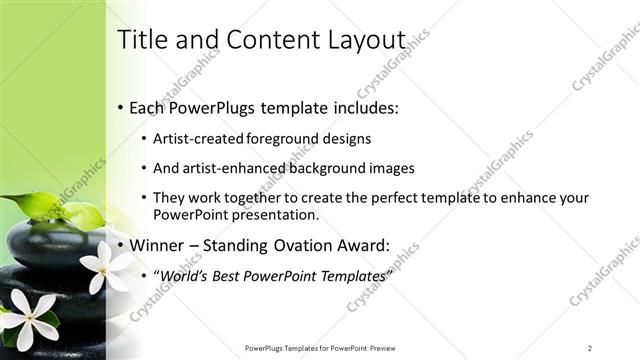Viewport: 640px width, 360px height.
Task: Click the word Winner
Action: (x=159, y=245)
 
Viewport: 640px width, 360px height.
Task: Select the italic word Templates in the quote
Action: (x=350, y=275)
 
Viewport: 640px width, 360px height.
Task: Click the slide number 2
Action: (x=590, y=348)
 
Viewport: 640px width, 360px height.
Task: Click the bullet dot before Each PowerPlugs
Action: (x=121, y=107)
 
